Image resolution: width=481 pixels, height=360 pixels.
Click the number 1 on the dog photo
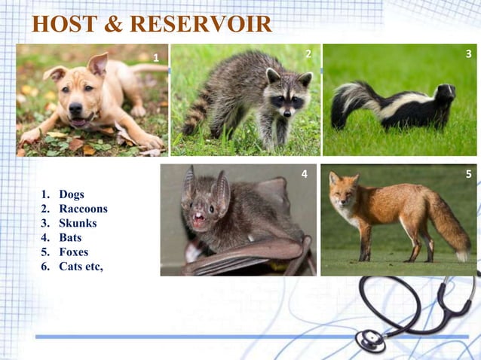pyautogui.click(x=156, y=58)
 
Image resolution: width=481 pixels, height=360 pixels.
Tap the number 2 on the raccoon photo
pyautogui.click(x=308, y=54)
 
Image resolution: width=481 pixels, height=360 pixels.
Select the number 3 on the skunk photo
pyautogui.click(x=468, y=54)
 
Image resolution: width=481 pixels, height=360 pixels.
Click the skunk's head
pyautogui.click(x=445, y=93)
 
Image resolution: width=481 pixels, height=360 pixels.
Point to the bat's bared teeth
pyautogui.click(x=200, y=221)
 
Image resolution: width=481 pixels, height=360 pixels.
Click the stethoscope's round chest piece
pyautogui.click(x=371, y=339)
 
